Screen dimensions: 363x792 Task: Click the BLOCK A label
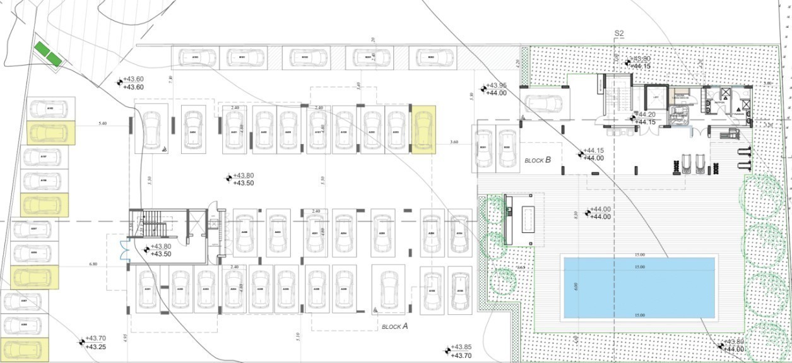[x=394, y=326]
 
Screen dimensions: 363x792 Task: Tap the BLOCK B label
[x=538, y=160]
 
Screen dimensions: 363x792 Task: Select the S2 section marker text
[x=619, y=33]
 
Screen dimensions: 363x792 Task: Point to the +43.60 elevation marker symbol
[x=120, y=82]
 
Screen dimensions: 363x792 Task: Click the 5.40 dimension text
[x=102, y=124]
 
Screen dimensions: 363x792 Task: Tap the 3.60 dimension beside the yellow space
[x=454, y=142]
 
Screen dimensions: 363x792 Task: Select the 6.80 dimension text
[x=93, y=264]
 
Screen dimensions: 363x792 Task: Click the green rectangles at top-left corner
[x=49, y=53]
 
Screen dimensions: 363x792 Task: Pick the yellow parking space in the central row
[x=423, y=130]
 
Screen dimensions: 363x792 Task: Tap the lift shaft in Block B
[x=656, y=98]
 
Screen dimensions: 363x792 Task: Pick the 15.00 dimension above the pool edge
[x=639, y=254]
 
